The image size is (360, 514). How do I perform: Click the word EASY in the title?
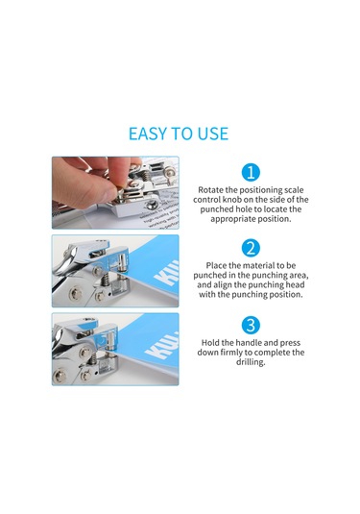[148, 134]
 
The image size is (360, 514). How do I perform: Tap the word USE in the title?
[212, 134]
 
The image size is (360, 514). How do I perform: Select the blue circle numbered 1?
[251, 172]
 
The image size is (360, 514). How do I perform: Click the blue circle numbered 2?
[251, 248]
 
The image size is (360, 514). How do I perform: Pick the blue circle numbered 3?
[251, 325]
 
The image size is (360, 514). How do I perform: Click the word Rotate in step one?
[210, 190]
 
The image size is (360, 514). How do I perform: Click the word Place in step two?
[216, 265]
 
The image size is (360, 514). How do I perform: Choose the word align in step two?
[221, 285]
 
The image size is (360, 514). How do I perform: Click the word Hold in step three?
[210, 343]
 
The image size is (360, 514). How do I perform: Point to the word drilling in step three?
[251, 362]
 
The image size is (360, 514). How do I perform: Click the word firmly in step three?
[231, 353]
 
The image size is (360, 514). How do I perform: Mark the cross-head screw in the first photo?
[151, 206]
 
